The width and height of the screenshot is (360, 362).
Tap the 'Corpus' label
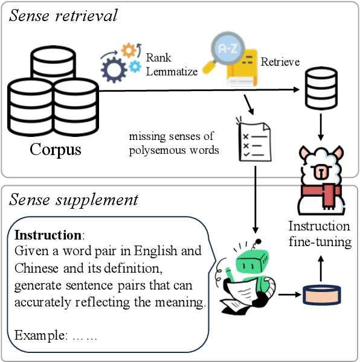55,149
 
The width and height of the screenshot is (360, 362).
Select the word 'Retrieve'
280,62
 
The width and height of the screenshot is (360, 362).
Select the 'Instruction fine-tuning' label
319,235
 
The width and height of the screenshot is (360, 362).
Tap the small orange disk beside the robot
321,295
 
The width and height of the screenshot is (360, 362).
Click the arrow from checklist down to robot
256,199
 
